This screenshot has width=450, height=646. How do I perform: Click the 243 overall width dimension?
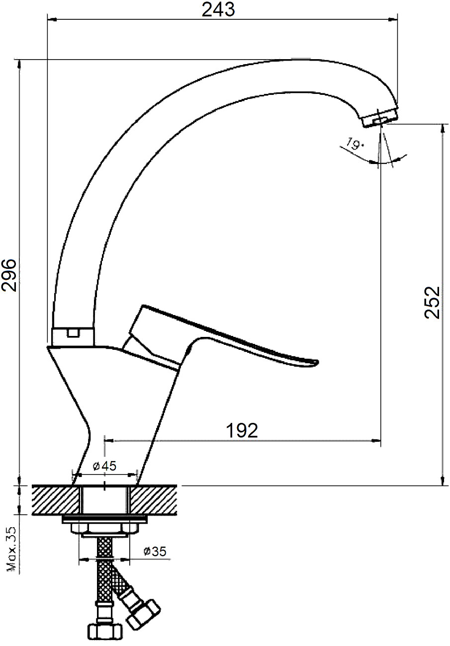point(218,10)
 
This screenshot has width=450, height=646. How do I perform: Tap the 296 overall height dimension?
point(8,275)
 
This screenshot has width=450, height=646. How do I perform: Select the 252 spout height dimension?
point(432,302)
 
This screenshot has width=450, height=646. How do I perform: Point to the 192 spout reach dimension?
point(242,430)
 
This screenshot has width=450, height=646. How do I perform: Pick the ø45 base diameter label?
point(105,466)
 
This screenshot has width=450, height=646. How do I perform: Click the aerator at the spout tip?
point(380,117)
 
